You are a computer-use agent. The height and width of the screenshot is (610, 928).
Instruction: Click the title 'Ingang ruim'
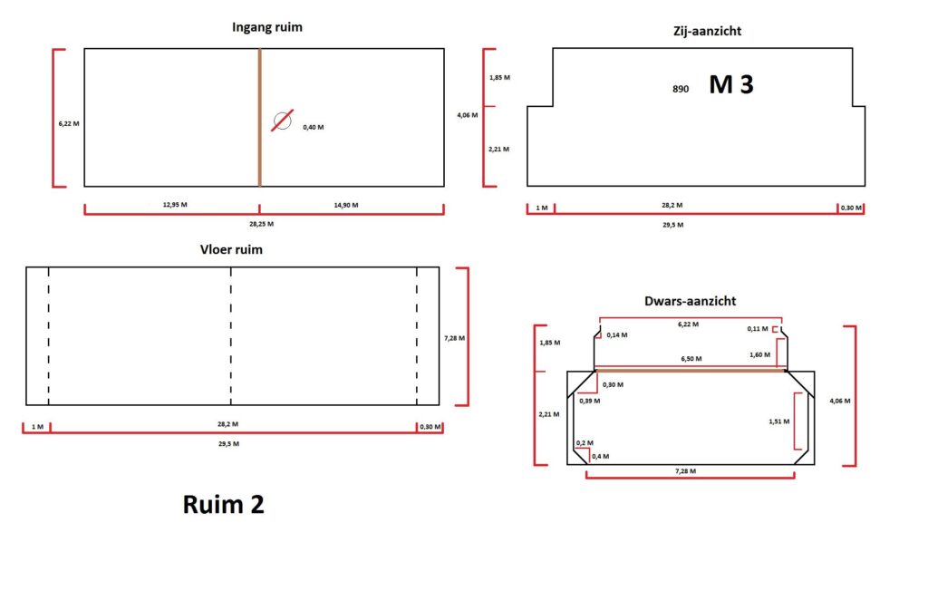tap(266, 27)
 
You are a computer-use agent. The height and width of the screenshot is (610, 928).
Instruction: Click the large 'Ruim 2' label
tap(224, 504)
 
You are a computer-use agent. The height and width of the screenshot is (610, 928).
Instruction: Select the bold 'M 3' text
tap(731, 85)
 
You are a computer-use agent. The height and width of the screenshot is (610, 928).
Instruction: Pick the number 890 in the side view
tap(681, 89)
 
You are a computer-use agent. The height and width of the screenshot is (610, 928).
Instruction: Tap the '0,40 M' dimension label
tap(313, 127)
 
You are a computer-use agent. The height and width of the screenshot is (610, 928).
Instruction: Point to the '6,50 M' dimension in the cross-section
tap(691, 360)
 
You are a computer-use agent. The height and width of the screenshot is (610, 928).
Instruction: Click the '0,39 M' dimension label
tap(589, 400)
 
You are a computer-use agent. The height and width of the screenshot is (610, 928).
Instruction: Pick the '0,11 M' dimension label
tap(758, 329)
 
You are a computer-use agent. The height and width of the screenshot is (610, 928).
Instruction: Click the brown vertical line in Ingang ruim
tap(260, 117)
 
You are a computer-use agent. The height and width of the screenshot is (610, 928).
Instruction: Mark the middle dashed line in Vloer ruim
tap(231, 335)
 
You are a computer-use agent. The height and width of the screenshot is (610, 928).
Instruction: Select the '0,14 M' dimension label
tap(617, 335)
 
